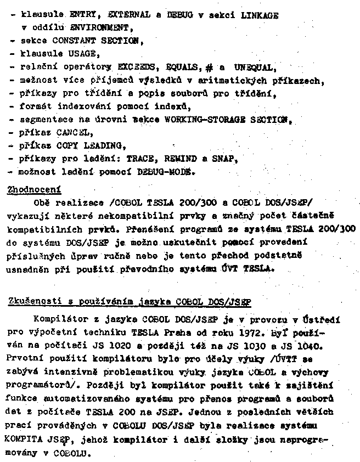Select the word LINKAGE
tap(260, 15)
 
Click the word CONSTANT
tap(74, 41)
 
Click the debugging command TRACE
tap(142, 159)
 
